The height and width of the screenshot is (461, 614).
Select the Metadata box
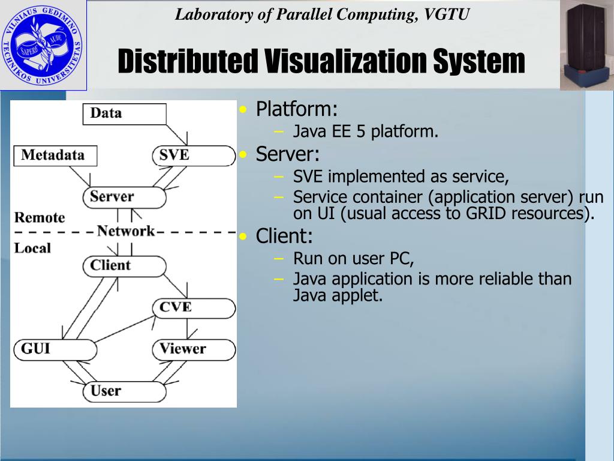tap(55, 156)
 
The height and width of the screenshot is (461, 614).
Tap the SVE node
tap(192, 155)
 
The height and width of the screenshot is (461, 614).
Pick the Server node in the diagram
tap(124, 197)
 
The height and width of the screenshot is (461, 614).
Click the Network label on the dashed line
tap(126, 231)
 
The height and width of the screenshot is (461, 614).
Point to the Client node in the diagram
tap(124, 265)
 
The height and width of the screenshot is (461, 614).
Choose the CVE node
tap(192, 307)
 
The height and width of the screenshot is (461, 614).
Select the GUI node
tap(53, 349)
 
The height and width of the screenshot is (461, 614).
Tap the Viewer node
tap(192, 349)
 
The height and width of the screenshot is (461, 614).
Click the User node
tap(124, 391)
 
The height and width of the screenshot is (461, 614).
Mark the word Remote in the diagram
tap(40, 217)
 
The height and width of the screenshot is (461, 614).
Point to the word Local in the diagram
tap(32, 248)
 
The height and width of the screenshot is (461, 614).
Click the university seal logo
tap(43, 45)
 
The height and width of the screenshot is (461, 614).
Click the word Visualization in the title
tap(346, 62)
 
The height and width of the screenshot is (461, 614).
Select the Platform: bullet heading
tap(297, 109)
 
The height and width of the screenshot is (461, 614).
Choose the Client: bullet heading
tap(284, 236)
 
